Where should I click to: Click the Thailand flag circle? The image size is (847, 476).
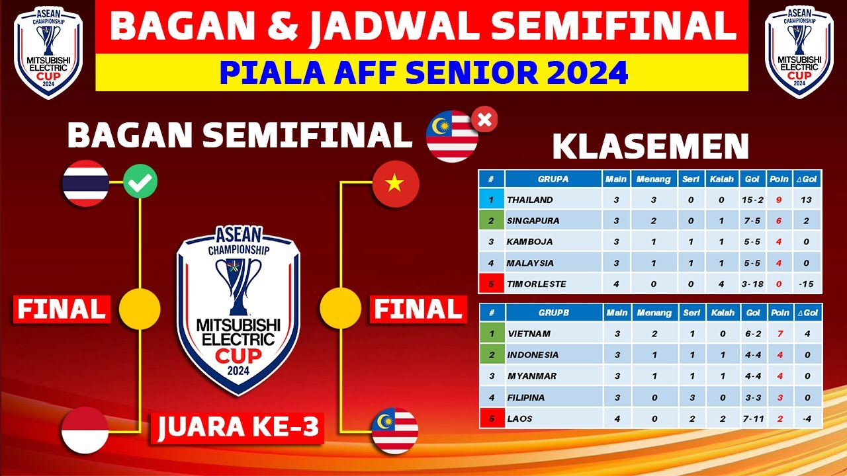click(x=85, y=182)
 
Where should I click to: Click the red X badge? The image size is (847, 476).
click(x=484, y=120)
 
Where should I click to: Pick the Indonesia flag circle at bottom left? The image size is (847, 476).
click(x=85, y=430)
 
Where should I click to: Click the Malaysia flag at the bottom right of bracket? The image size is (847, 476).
click(x=395, y=430)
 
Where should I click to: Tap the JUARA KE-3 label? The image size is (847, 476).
click(x=239, y=428)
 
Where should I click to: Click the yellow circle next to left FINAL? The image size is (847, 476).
click(x=140, y=308)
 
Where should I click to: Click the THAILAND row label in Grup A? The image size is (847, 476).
click(x=530, y=200)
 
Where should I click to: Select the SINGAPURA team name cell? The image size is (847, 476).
click(x=533, y=221)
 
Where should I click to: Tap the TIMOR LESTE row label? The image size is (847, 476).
click(x=537, y=284)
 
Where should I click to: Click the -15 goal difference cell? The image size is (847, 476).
click(x=807, y=284)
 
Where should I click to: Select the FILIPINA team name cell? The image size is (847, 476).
click(x=525, y=397)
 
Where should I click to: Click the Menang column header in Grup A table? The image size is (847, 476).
click(x=653, y=179)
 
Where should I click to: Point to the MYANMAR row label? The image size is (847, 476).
click(x=531, y=376)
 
